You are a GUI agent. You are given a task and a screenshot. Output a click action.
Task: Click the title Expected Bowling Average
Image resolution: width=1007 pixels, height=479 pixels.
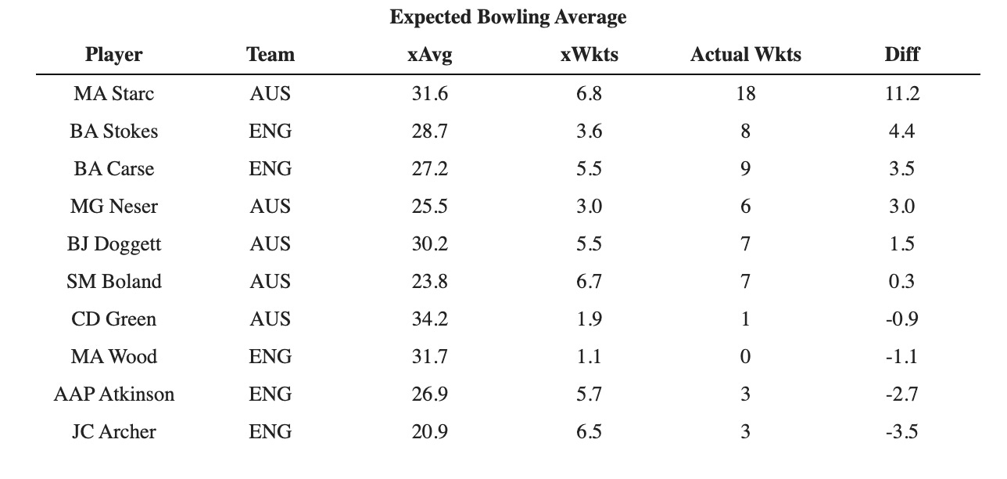tap(507, 17)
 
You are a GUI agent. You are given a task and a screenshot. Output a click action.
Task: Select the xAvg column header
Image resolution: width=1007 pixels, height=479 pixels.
tap(430, 55)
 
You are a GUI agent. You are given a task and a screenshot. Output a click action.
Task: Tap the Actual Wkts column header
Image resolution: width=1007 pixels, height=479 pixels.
tap(746, 55)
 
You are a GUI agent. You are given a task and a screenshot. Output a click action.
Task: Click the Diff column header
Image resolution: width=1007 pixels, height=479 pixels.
tap(902, 55)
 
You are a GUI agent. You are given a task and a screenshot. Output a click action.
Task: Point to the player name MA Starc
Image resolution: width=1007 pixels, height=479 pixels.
tap(113, 94)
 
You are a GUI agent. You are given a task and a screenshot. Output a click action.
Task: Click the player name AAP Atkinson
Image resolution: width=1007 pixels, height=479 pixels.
tap(113, 394)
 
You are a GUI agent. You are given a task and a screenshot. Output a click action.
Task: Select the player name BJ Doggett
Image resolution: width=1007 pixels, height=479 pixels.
tap(113, 244)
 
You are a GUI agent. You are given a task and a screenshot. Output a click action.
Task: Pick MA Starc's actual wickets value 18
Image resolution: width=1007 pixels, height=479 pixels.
tap(746, 94)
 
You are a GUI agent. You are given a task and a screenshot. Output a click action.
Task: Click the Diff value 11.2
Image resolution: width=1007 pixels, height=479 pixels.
tap(902, 94)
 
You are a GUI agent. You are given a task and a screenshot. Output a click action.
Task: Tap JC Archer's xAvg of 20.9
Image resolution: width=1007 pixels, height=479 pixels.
tap(430, 432)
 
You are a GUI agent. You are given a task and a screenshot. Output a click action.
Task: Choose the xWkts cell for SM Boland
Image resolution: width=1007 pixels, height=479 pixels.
tap(589, 281)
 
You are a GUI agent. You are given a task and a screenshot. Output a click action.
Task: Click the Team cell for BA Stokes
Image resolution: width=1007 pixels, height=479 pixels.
tap(271, 131)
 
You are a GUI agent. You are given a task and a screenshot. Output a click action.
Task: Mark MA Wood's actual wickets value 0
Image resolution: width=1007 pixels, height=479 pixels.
tap(745, 357)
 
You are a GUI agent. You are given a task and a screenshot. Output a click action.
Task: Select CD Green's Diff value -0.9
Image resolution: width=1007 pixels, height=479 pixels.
tap(902, 319)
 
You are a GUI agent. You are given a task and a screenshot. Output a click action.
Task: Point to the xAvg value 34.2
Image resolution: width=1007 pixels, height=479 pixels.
tap(430, 319)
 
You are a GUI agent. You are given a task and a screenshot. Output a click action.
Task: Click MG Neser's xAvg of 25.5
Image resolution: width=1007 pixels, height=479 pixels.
tap(430, 207)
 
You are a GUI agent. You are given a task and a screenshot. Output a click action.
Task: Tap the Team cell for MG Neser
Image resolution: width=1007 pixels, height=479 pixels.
tap(271, 207)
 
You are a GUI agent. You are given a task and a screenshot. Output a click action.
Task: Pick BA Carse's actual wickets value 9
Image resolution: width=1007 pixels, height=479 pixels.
tap(745, 169)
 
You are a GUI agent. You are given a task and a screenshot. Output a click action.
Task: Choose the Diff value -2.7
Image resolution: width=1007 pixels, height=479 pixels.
tap(902, 394)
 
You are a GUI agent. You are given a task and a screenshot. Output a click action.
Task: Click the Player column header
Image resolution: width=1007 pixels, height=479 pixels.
tap(113, 55)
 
